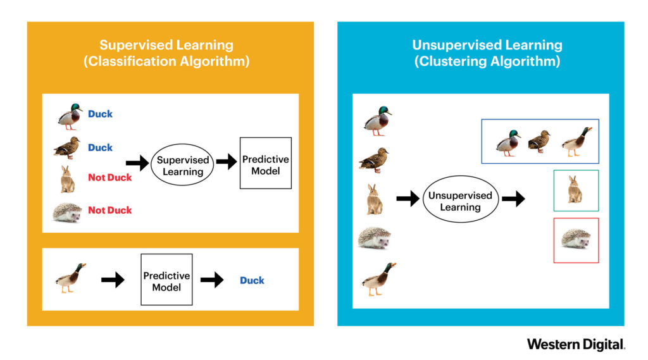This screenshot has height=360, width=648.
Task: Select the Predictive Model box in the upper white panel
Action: (x=266, y=163)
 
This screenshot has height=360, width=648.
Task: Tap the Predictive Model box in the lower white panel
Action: (x=166, y=280)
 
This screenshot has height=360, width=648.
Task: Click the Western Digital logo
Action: (x=576, y=344)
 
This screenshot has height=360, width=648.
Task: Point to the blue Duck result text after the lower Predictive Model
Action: (x=252, y=280)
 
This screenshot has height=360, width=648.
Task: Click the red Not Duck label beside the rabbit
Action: (x=110, y=178)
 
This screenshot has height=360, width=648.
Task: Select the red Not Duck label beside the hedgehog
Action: (x=110, y=210)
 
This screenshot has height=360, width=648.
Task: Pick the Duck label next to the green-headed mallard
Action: (x=100, y=114)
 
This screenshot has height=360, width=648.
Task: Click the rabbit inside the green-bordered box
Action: (x=575, y=190)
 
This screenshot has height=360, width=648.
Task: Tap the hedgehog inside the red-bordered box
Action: (x=576, y=239)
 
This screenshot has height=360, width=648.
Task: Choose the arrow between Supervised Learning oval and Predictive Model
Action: (x=226, y=163)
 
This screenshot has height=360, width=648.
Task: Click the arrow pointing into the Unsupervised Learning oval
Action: (x=408, y=199)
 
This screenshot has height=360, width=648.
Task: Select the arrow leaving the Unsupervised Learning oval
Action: (x=513, y=199)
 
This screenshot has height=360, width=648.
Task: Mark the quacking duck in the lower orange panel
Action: (x=70, y=278)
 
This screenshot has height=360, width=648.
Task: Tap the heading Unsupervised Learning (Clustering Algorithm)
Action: (x=486, y=54)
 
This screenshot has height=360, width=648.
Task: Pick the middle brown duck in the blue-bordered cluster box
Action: (x=539, y=142)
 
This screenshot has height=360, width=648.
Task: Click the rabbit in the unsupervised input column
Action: (x=375, y=199)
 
